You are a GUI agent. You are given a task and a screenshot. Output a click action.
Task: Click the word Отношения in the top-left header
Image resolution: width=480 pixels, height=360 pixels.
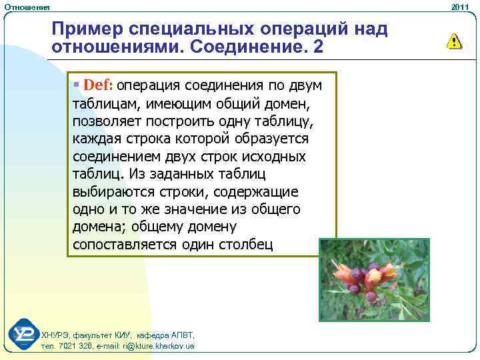coord(27,6)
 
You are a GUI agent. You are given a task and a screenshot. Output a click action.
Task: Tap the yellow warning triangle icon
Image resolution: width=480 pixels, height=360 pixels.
coord(454,41)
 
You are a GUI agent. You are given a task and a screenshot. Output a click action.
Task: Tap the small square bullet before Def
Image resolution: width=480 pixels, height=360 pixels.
coord(77,86)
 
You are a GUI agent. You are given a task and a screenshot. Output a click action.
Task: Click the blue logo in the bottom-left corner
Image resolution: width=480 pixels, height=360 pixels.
coord(23,335)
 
